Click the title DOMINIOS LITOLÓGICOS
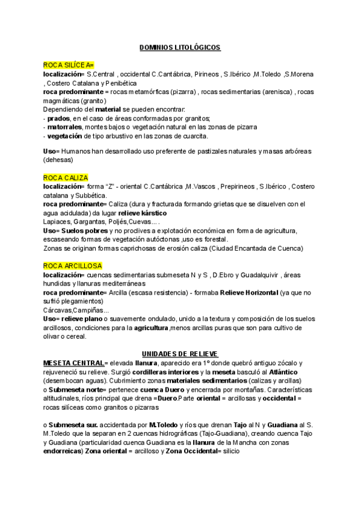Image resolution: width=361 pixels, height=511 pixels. coord(180,47)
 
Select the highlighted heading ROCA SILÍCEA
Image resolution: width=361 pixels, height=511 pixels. coord(68,64)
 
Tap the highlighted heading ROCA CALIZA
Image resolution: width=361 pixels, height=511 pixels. coord(66,178)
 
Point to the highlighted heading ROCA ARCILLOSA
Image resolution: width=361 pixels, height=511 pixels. coord(73,266)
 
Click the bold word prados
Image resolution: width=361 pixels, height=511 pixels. coord(56,118)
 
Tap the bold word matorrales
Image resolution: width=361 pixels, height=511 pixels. coord(65,127)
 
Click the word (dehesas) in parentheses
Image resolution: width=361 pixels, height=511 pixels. coord(58,160)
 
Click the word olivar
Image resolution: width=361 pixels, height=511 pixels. coord(54,337)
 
